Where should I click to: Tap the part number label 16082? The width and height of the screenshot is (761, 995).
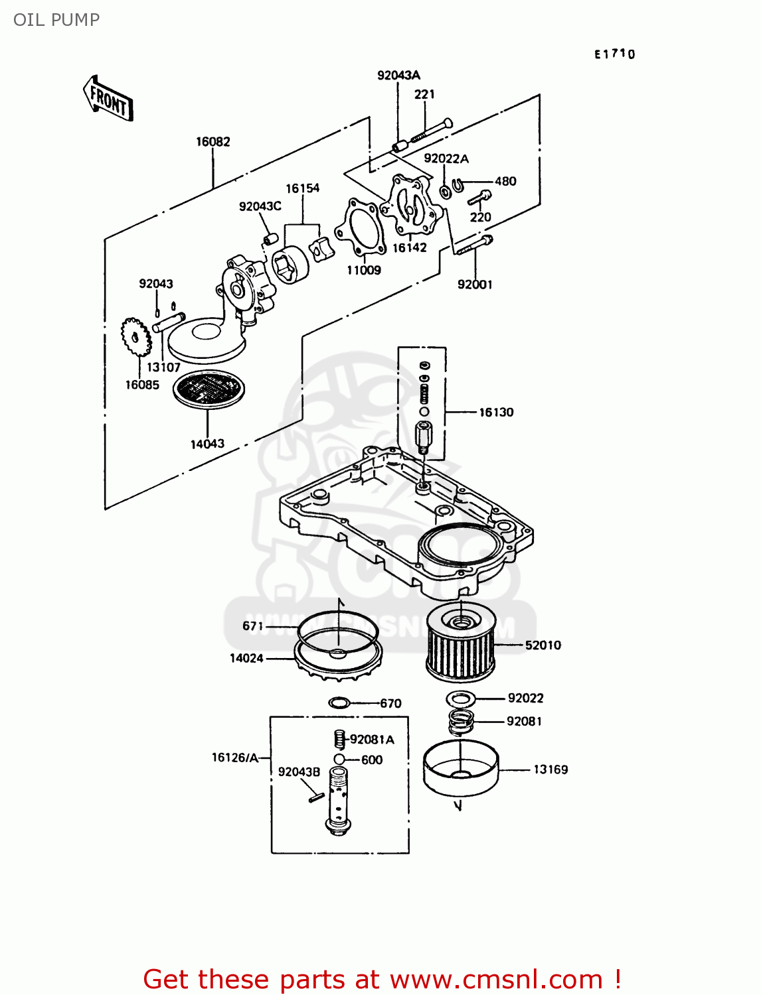[x=212, y=141]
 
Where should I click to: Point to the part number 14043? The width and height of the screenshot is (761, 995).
[x=207, y=444]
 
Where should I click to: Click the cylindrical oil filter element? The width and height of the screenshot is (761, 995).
[x=460, y=643]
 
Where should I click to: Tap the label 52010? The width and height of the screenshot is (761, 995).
[x=543, y=645]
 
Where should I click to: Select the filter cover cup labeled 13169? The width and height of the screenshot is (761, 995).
[x=460, y=767]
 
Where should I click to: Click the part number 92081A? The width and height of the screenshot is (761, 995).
[x=372, y=739]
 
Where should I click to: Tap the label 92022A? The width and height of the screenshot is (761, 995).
[x=446, y=159]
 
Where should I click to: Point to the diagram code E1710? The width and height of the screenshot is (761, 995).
[x=614, y=54]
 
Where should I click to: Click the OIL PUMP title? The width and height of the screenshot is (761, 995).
[x=56, y=20]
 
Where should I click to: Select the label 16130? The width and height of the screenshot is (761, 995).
[x=496, y=412]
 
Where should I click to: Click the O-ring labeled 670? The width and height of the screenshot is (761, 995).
[x=339, y=702]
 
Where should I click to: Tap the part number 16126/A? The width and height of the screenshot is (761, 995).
[x=234, y=758]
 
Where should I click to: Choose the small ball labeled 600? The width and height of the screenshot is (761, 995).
[x=339, y=760]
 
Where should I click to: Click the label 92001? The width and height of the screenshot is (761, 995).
[x=475, y=285]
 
